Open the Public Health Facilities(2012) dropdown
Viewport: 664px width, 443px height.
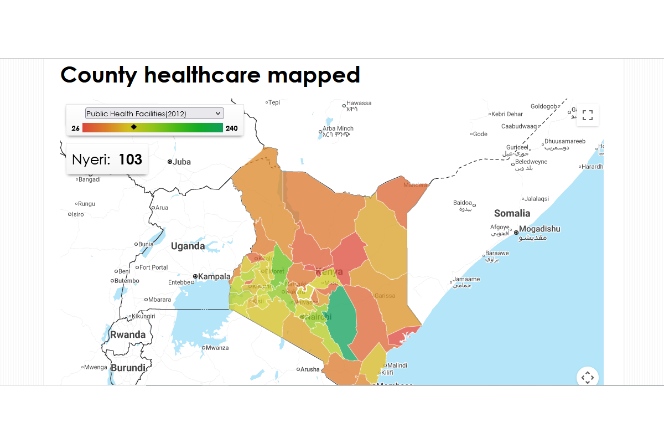tap(154, 114)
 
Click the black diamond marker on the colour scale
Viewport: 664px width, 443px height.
tap(134, 127)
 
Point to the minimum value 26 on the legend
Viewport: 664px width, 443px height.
tap(75, 128)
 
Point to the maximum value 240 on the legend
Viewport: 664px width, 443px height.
tap(232, 128)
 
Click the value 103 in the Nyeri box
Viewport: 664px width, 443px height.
tap(131, 159)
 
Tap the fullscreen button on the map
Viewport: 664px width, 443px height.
tap(588, 115)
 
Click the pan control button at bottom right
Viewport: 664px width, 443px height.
tap(588, 377)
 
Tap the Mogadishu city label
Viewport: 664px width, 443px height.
tap(539, 229)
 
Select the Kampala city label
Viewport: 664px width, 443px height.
tap(215, 276)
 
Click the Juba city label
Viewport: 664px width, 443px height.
tap(181, 162)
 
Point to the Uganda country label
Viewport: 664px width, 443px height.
tap(188, 246)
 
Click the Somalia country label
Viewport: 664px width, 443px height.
tap(512, 213)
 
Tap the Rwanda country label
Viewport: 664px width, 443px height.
tap(128, 334)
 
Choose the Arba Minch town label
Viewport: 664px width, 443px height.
tap(339, 128)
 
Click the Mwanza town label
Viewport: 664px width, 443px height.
tap(217, 348)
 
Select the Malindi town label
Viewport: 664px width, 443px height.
tap(397, 365)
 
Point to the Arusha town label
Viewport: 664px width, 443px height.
tap(310, 369)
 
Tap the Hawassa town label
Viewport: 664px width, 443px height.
tap(359, 103)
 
